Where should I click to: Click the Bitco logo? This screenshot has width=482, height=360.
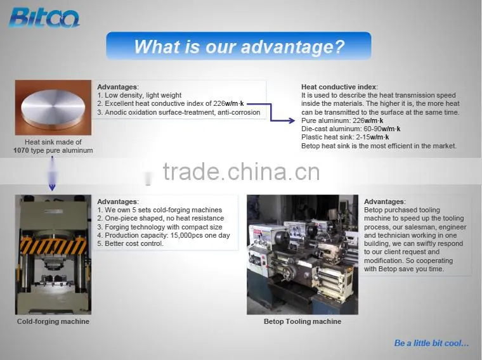(x=44, y=18)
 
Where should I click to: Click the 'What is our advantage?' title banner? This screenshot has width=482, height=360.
(x=238, y=46)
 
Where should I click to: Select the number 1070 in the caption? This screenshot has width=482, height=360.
(x=21, y=150)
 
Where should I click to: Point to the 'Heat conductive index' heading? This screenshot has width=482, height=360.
(x=339, y=87)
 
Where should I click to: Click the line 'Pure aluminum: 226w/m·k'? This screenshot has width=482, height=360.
(x=342, y=120)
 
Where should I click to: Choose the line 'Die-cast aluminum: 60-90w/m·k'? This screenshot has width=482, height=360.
(x=351, y=129)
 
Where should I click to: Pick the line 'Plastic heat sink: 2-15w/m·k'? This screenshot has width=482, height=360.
(x=345, y=137)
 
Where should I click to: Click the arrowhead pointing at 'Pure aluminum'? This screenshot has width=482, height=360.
(x=291, y=120)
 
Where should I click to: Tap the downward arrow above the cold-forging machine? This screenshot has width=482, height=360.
(x=52, y=173)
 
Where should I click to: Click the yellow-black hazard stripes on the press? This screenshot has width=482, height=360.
(x=53, y=246)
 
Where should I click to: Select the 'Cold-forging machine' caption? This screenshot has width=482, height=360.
(x=53, y=321)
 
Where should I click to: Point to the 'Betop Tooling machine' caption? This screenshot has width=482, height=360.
(x=303, y=321)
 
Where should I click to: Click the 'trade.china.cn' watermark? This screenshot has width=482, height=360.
(x=241, y=171)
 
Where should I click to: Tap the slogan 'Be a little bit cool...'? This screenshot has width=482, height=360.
(x=432, y=343)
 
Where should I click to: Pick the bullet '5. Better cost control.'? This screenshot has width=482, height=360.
(x=131, y=243)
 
